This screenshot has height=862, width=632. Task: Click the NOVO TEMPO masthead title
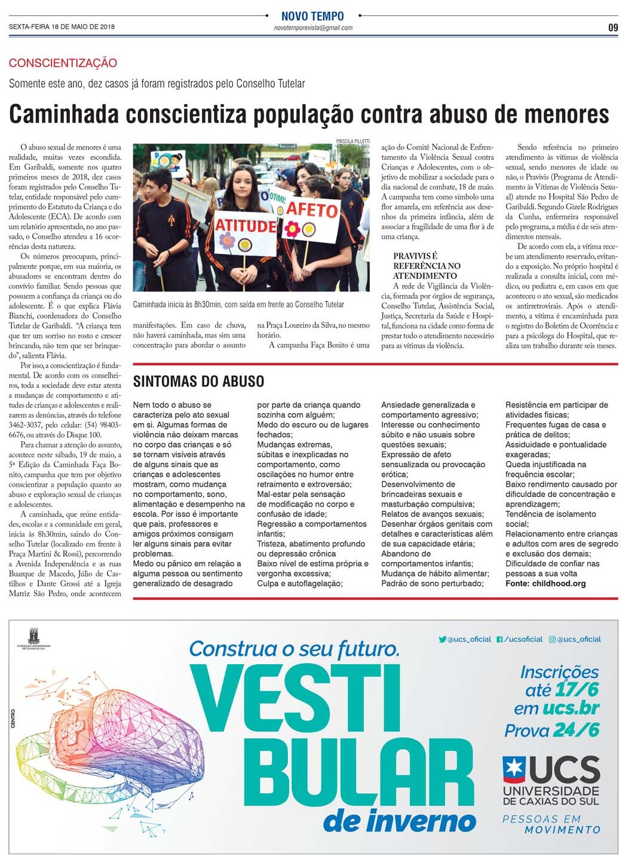pos(312,16)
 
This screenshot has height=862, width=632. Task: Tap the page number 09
pos(613,27)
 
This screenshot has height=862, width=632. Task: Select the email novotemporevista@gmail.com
pos(313,28)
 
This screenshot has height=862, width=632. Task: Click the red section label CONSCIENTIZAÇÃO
pos(63,63)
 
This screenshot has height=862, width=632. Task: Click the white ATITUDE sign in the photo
pos(246,226)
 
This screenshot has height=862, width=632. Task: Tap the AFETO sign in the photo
pos(312,210)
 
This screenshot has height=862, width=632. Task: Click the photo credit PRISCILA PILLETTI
pos(352,142)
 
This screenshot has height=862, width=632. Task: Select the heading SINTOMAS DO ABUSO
pos(198,381)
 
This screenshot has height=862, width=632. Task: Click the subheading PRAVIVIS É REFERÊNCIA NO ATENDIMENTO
pos(427,266)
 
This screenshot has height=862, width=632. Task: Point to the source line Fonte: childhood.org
pos(545,584)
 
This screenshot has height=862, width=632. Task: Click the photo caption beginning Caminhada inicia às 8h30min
pos(238,305)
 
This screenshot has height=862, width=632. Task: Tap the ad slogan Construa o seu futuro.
pos(294,648)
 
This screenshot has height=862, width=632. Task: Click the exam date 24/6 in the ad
pos(576,730)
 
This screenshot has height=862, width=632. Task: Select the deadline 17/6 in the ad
pos(576,690)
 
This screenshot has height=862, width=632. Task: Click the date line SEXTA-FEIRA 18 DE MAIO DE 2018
pos(62,27)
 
